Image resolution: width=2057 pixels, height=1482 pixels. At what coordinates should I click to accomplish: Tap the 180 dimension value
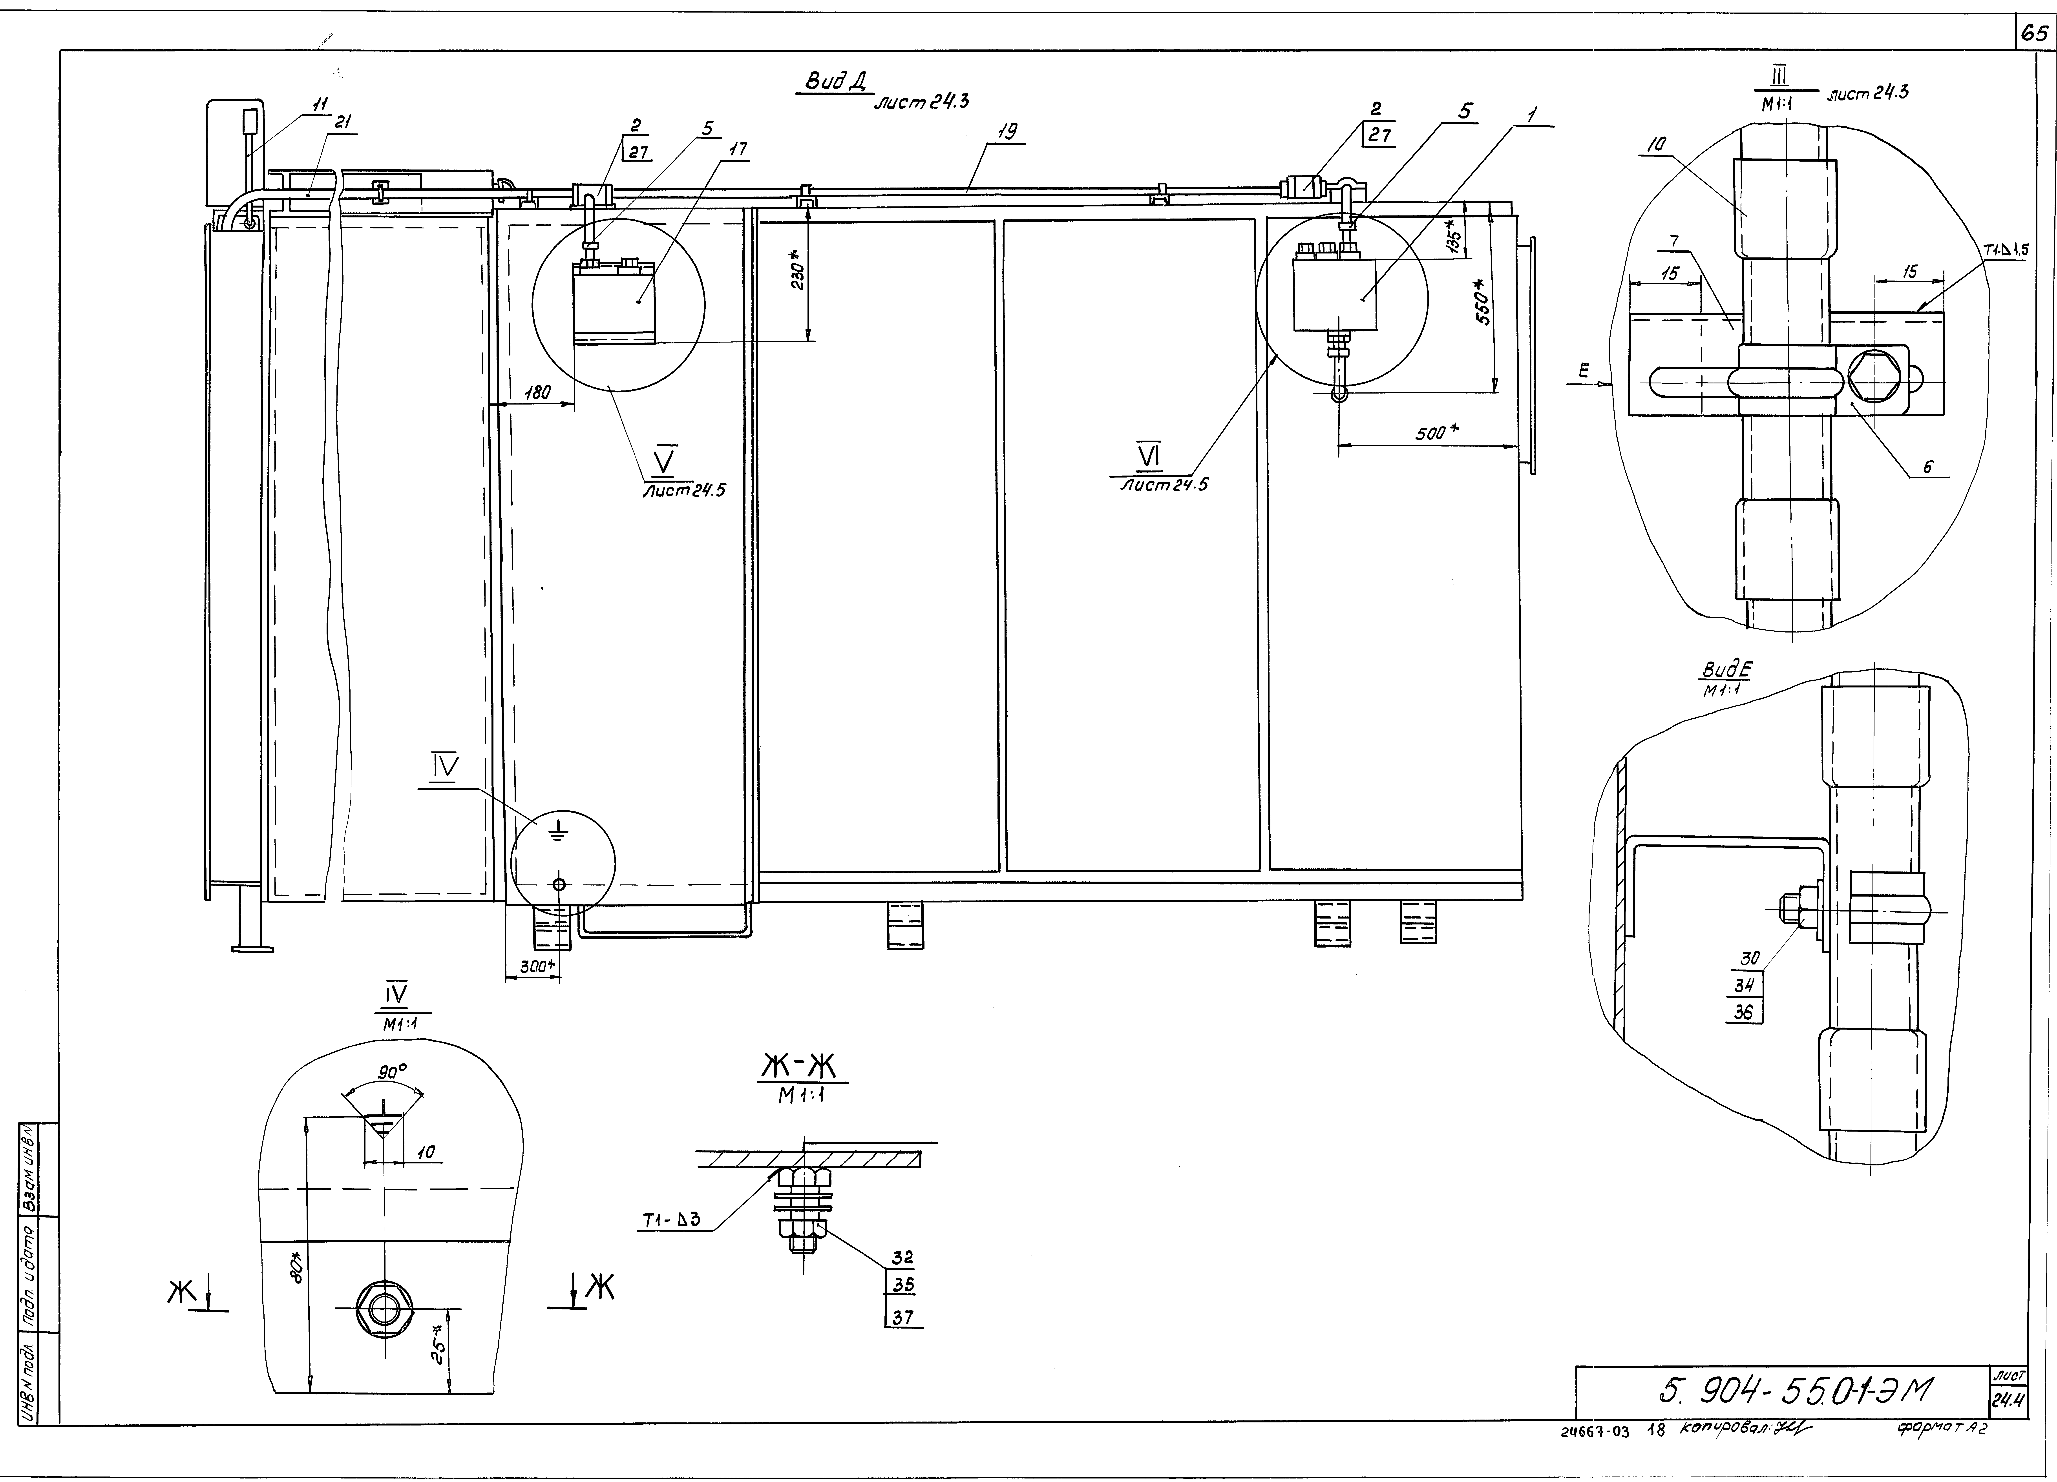(x=538, y=393)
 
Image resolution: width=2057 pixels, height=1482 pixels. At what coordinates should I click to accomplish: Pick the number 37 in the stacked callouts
(x=902, y=1317)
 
